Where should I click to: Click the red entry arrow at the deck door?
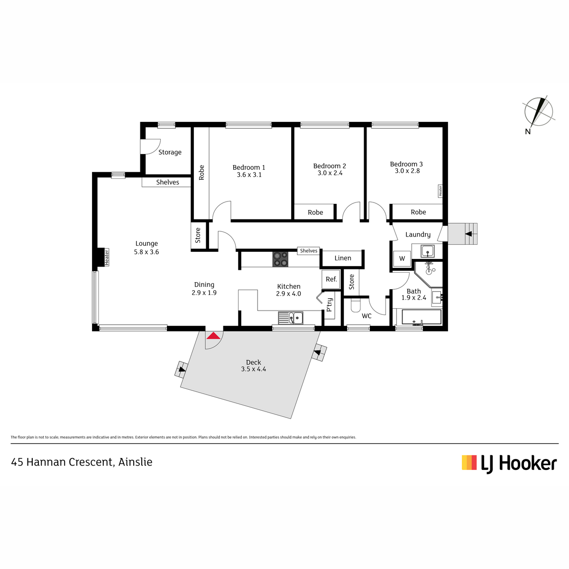(213, 336)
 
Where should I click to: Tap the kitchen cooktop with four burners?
(280, 259)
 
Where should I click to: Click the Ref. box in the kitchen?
(331, 279)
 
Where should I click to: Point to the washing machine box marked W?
(402, 259)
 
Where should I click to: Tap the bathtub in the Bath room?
(422, 317)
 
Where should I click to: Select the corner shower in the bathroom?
(429, 274)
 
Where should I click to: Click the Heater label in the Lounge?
(107, 257)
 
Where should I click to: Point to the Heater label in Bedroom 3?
(440, 191)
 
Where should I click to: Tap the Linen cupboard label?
(343, 258)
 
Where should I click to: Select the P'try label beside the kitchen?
(330, 304)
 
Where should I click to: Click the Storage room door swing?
(151, 147)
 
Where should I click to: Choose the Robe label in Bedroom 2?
(315, 212)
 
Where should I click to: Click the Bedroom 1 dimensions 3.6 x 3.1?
(249, 175)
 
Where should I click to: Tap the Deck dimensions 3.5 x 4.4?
(253, 369)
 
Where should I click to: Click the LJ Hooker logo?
(509, 464)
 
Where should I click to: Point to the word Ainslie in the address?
(135, 462)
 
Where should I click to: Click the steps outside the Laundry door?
(462, 234)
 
